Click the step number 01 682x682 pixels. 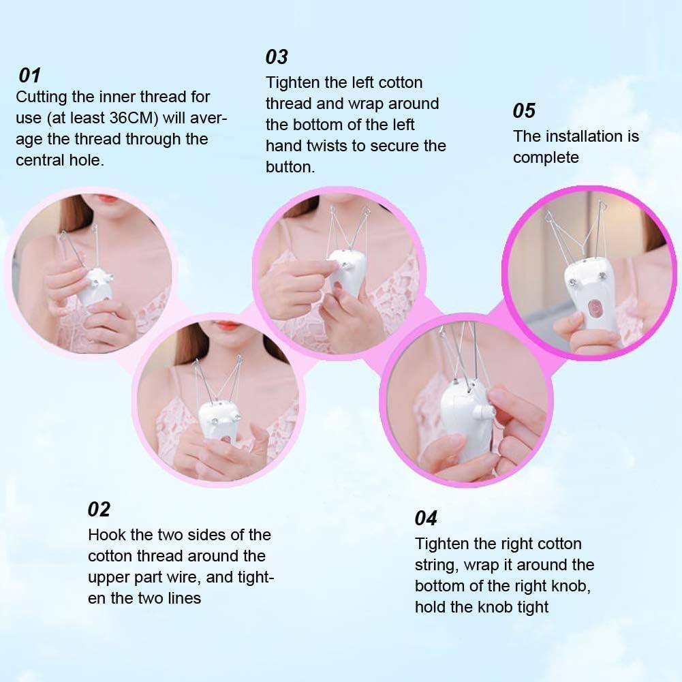[30, 75]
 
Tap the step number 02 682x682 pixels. [99, 509]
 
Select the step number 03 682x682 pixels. [277, 57]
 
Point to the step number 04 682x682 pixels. [426, 518]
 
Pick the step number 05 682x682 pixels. [524, 111]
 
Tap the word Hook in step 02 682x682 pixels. [106, 535]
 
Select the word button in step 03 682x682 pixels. [290, 167]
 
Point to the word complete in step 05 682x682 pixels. [546, 157]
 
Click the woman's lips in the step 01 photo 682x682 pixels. [107, 198]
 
